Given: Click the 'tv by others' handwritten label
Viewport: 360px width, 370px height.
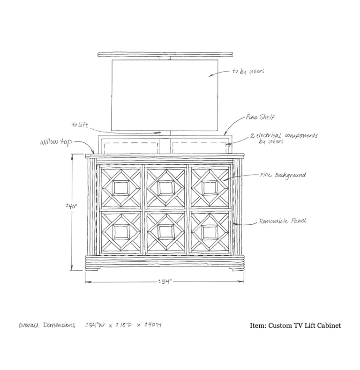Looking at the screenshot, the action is (x=248, y=71).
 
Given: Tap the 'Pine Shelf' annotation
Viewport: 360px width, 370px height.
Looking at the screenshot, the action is (x=260, y=117).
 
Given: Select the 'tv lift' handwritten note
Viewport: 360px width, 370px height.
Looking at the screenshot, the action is (x=80, y=125).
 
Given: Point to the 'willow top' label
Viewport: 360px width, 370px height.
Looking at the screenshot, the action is (x=56, y=142).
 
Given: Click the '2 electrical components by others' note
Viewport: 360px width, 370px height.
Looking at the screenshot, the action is (x=284, y=139).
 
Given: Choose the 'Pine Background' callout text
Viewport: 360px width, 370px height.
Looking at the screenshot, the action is (x=283, y=175).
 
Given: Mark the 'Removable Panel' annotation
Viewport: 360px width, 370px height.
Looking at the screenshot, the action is (x=283, y=221).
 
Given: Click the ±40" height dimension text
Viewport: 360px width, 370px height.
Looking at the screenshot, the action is (x=72, y=206).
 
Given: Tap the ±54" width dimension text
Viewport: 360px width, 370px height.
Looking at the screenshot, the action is (x=165, y=281).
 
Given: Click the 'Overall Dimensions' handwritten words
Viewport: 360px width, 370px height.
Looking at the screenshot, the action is (x=47, y=325).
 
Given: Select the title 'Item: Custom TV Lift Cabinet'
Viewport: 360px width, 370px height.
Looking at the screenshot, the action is (x=295, y=326).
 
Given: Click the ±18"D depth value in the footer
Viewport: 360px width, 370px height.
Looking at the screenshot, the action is (x=123, y=325).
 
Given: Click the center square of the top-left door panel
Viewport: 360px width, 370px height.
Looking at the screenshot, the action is (x=121, y=188).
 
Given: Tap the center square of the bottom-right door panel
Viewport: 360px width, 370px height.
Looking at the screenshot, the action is (x=210, y=232).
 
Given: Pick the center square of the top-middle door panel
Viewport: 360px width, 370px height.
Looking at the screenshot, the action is (x=166, y=188).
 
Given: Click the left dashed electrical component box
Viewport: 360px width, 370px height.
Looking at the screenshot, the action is (x=131, y=148).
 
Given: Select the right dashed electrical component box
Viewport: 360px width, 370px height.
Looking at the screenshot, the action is (x=200, y=148).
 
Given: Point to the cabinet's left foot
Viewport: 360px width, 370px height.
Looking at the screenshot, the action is (x=91, y=269).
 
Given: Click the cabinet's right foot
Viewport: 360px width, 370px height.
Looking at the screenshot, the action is (x=238, y=269).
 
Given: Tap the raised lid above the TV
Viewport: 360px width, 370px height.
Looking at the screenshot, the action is (x=165, y=54).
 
